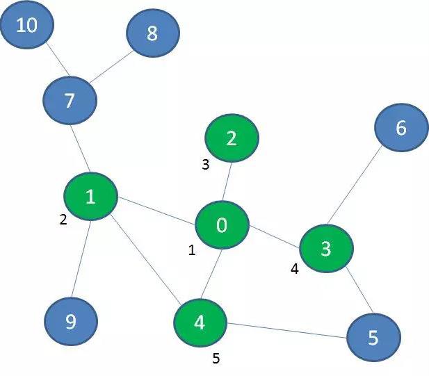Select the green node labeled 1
(x=90, y=197)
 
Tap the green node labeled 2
(x=232, y=138)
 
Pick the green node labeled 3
(x=326, y=249)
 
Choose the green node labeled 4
(x=200, y=322)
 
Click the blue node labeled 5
(x=373, y=338)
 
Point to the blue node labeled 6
(x=400, y=128)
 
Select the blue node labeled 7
(x=70, y=101)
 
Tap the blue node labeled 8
(x=153, y=32)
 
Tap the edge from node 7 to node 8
(x=111, y=66)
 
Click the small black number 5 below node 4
(x=216, y=359)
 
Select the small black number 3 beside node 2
(x=205, y=165)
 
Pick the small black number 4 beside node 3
(x=295, y=269)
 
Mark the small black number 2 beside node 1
(x=63, y=220)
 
